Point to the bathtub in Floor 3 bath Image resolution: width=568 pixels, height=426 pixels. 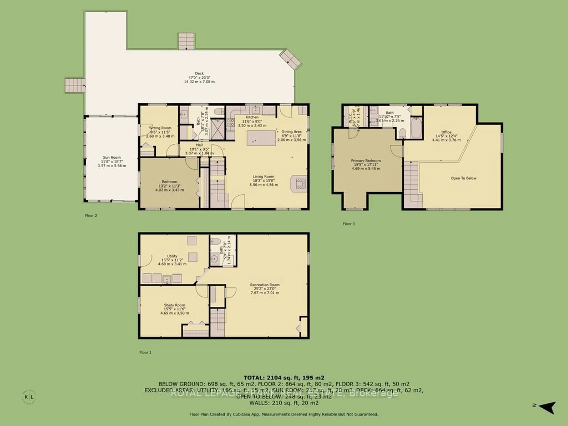(x=416, y=128)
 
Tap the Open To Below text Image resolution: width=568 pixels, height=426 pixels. (x=463, y=178)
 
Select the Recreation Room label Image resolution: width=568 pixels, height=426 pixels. (x=265, y=285)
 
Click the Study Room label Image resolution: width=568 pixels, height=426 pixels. (x=174, y=305)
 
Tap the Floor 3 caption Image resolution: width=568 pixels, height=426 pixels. (x=348, y=224)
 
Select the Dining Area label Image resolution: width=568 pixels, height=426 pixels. (x=291, y=131)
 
